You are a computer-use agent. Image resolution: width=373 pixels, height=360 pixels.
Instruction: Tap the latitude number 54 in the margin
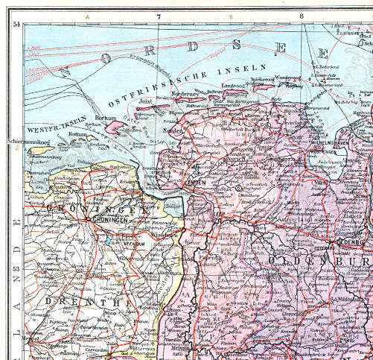point(16,25)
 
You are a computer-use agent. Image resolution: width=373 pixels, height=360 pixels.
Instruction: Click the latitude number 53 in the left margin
point(16,268)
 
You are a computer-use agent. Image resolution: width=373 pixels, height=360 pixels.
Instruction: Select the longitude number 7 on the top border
point(158,15)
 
